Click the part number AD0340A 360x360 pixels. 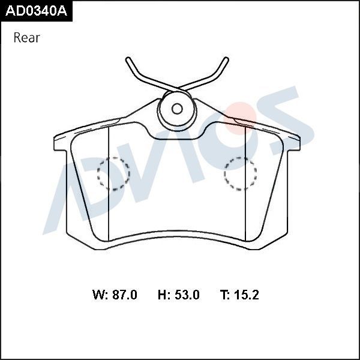36,11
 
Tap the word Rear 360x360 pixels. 26,38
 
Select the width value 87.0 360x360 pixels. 124,295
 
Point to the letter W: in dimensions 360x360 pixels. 100,295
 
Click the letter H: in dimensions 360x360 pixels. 163,295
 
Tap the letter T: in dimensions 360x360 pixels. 226,295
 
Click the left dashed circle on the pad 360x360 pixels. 113,174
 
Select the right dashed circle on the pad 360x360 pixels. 241,174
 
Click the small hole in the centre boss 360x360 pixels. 177,109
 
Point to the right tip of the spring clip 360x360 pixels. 226,60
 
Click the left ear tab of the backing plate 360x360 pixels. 59,143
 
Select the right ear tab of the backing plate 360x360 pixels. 294,143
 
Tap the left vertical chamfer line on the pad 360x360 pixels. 107,186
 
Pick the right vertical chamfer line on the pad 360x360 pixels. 247,186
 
